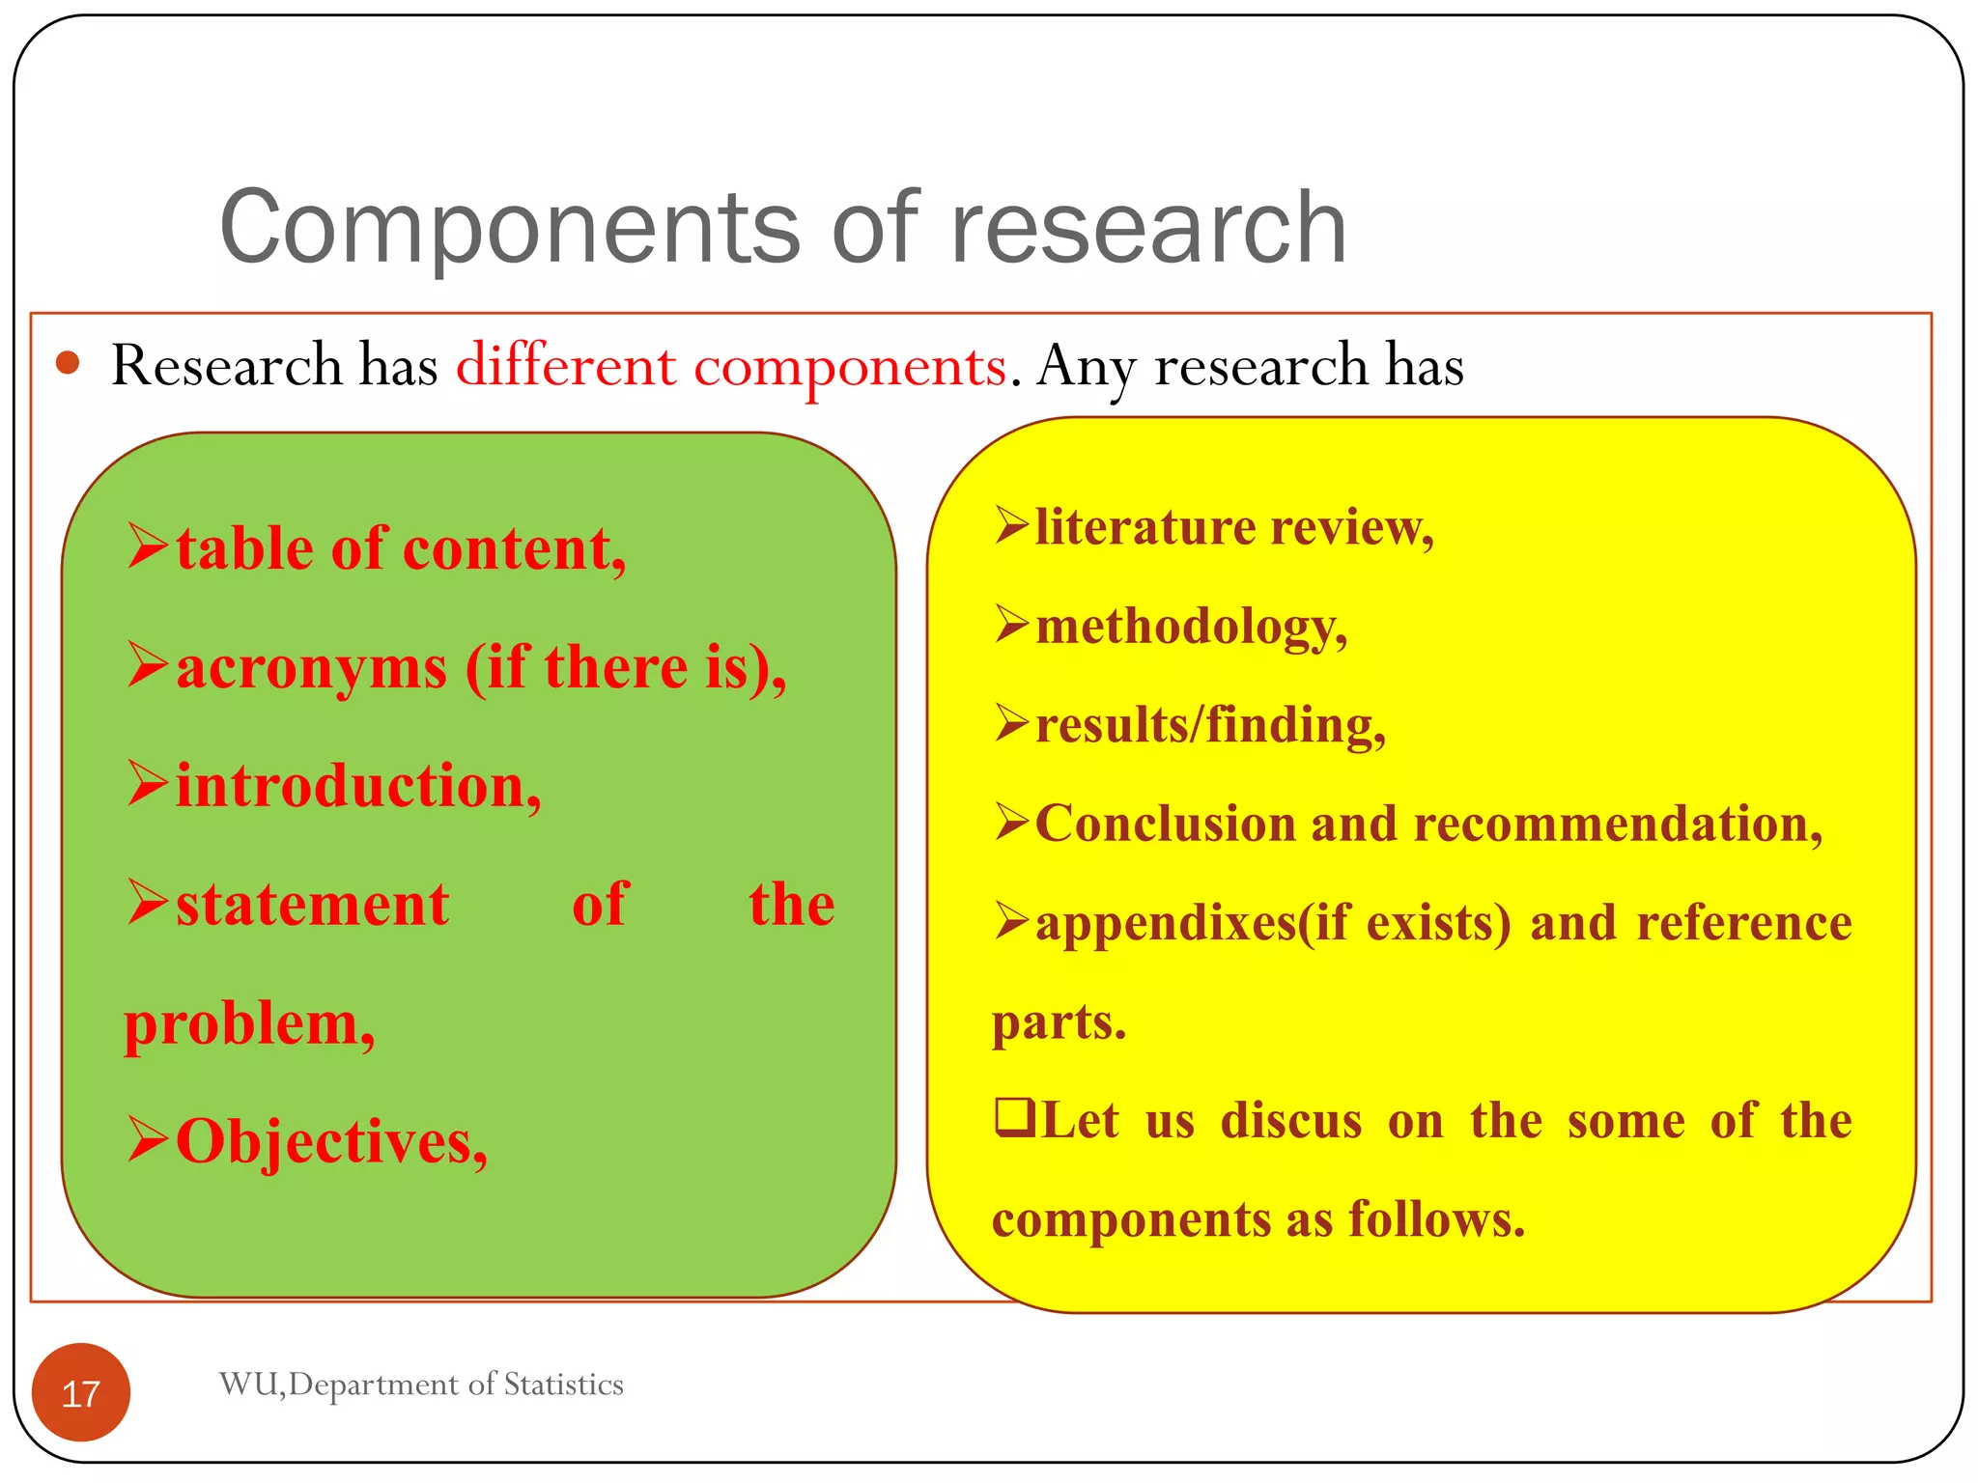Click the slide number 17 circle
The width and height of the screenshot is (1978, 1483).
80,1392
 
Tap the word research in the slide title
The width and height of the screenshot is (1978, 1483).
1148,228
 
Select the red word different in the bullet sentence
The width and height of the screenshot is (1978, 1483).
565,367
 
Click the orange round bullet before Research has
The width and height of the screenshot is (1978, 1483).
67,363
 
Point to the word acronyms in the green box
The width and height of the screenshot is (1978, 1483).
311,668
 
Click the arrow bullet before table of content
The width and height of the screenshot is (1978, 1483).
148,546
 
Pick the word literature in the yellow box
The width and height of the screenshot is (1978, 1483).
1144,527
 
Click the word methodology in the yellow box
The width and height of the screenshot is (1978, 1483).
1189,627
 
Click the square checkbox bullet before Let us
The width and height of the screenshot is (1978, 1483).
1014,1119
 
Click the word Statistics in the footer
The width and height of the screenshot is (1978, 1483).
563,1385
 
